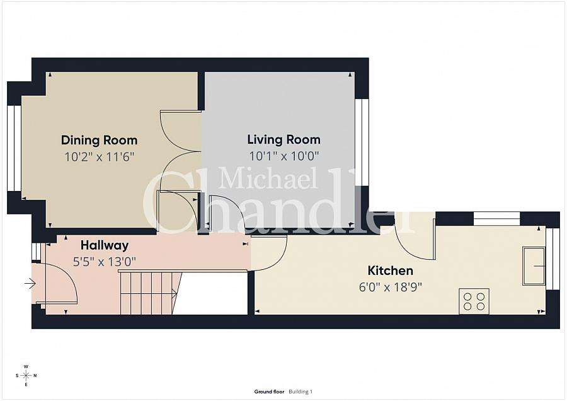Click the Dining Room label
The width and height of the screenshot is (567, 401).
click(x=99, y=140)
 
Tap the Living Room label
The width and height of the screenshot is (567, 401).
click(x=283, y=139)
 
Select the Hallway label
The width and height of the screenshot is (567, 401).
click(x=105, y=245)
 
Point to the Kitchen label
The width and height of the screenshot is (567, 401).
click(x=391, y=270)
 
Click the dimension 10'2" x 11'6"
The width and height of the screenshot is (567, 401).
click(x=100, y=156)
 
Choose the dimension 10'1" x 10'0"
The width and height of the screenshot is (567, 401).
click(x=283, y=155)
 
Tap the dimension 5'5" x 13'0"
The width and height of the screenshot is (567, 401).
click(x=105, y=261)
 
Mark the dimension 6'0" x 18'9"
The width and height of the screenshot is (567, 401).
click(x=391, y=286)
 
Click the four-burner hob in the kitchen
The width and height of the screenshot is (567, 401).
click(x=474, y=300)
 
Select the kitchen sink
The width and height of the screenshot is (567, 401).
click(x=533, y=266)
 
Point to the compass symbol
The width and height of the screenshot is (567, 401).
click(x=26, y=376)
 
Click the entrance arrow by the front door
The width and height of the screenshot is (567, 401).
click(x=30, y=284)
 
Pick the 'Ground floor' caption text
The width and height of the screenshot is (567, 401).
click(x=270, y=392)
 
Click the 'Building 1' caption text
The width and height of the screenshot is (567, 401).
click(x=301, y=392)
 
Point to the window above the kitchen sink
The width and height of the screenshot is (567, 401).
click(x=552, y=259)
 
